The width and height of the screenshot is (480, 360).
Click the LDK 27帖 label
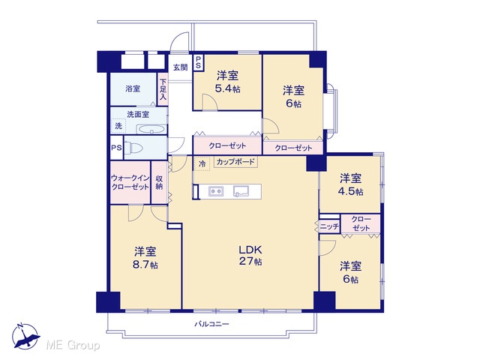pyautogui.click(x=250, y=255)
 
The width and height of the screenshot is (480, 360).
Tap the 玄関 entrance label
pyautogui.click(x=181, y=67)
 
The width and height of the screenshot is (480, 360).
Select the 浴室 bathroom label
pyautogui.click(x=133, y=88)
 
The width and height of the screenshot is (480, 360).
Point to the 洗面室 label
pyautogui.click(x=138, y=114)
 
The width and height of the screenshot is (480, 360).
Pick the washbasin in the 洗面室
pyautogui.click(x=151, y=129)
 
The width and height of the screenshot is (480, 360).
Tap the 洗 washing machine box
pyautogui.click(x=118, y=125)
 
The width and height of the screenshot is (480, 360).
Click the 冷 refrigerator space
pyautogui.click(x=202, y=163)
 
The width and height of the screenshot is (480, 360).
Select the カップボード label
pyautogui.click(x=235, y=162)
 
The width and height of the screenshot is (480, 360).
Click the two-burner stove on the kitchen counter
pyautogui.click(x=216, y=191)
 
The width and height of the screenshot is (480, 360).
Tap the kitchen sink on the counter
pyautogui.click(x=241, y=191)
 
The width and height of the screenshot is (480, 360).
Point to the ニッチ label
pyautogui.click(x=330, y=226)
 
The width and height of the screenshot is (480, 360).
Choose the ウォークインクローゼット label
pyautogui.click(x=130, y=182)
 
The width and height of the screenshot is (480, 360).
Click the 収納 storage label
pyautogui.click(x=159, y=182)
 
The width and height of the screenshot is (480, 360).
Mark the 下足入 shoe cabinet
pyautogui.click(x=163, y=89)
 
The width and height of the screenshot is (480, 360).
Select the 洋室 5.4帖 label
pyautogui.click(x=228, y=82)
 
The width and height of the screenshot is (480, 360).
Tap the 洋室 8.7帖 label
pyautogui.click(x=145, y=258)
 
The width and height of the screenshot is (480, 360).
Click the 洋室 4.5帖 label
pyautogui.click(x=350, y=184)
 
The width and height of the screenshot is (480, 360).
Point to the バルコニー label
pyautogui.click(x=211, y=324)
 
